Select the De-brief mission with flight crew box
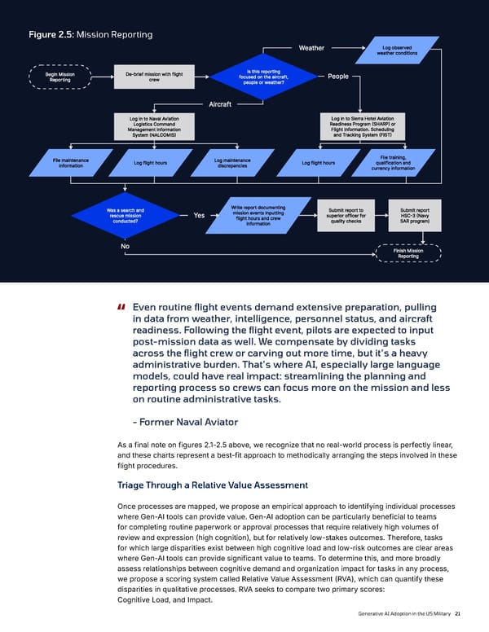click(154, 77)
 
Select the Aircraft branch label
click(220, 104)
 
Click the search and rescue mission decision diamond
click(126, 215)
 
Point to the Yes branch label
click(200, 215)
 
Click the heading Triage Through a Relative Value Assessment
click(213, 485)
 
